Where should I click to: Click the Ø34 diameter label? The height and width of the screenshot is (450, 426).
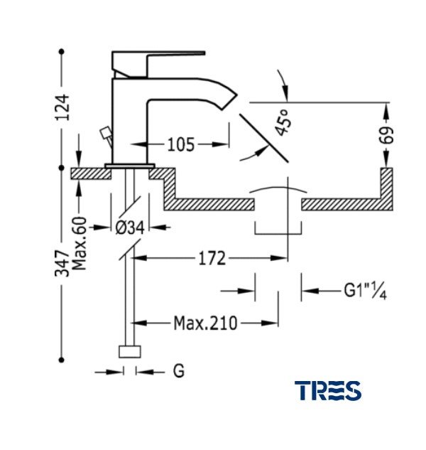(x=129, y=228)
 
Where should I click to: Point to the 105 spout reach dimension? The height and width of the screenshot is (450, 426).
(x=181, y=145)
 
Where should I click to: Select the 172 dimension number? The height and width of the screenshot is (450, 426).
(x=212, y=259)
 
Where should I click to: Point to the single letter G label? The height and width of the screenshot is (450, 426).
(x=178, y=371)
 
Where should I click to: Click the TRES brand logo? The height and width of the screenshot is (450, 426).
(x=328, y=390)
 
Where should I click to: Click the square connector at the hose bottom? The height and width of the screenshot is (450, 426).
(x=130, y=352)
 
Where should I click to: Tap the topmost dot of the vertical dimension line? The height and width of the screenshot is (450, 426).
(x=62, y=51)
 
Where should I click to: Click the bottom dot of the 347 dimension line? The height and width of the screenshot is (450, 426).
(x=62, y=359)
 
